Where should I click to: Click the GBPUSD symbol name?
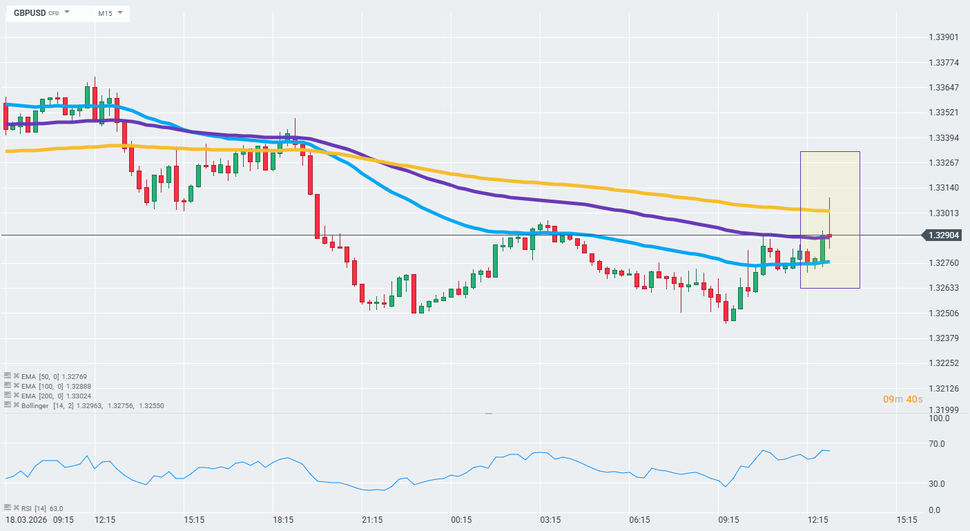click(x=30, y=13)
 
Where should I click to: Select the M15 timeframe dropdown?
click(x=105, y=13)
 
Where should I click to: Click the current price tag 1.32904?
click(x=944, y=235)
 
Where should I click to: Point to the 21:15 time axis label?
click(x=372, y=519)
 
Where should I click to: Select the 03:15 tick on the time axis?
click(x=550, y=519)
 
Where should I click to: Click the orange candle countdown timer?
click(x=902, y=400)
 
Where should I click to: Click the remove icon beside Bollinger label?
click(x=16, y=405)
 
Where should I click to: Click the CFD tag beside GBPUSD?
click(x=53, y=14)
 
